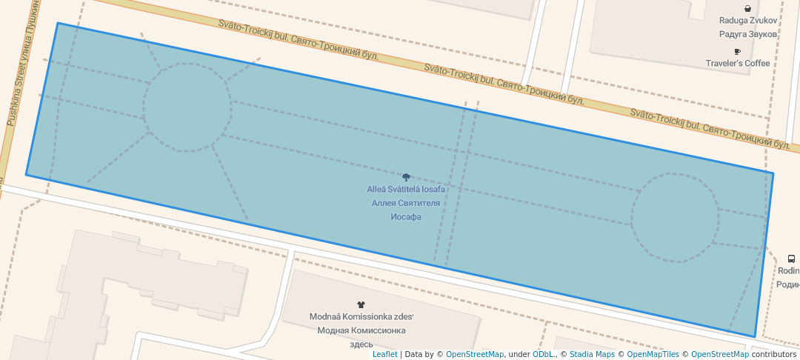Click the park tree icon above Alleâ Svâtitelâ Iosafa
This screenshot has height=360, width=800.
click(406, 177)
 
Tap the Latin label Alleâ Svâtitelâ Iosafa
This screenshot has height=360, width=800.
click(406, 190)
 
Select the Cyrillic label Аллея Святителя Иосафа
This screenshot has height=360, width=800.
click(406, 210)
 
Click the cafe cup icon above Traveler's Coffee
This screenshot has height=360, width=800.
click(737, 52)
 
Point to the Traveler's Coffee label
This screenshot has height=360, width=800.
click(738, 64)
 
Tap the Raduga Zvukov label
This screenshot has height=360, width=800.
click(748, 21)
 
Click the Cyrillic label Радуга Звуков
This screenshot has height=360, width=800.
click(748, 34)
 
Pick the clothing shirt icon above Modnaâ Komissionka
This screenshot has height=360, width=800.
click(361, 304)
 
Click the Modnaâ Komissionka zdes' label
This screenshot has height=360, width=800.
click(361, 317)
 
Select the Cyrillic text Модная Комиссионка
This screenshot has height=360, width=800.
click(361, 330)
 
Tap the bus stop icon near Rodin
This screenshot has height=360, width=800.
click(791, 259)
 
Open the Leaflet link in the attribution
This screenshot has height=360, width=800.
click(384, 354)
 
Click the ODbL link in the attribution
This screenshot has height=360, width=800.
click(544, 354)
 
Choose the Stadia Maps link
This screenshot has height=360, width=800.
click(592, 354)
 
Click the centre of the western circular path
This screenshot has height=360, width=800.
click(187, 107)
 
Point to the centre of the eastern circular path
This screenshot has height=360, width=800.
click(674, 218)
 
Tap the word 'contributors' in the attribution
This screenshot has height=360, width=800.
click(773, 354)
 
